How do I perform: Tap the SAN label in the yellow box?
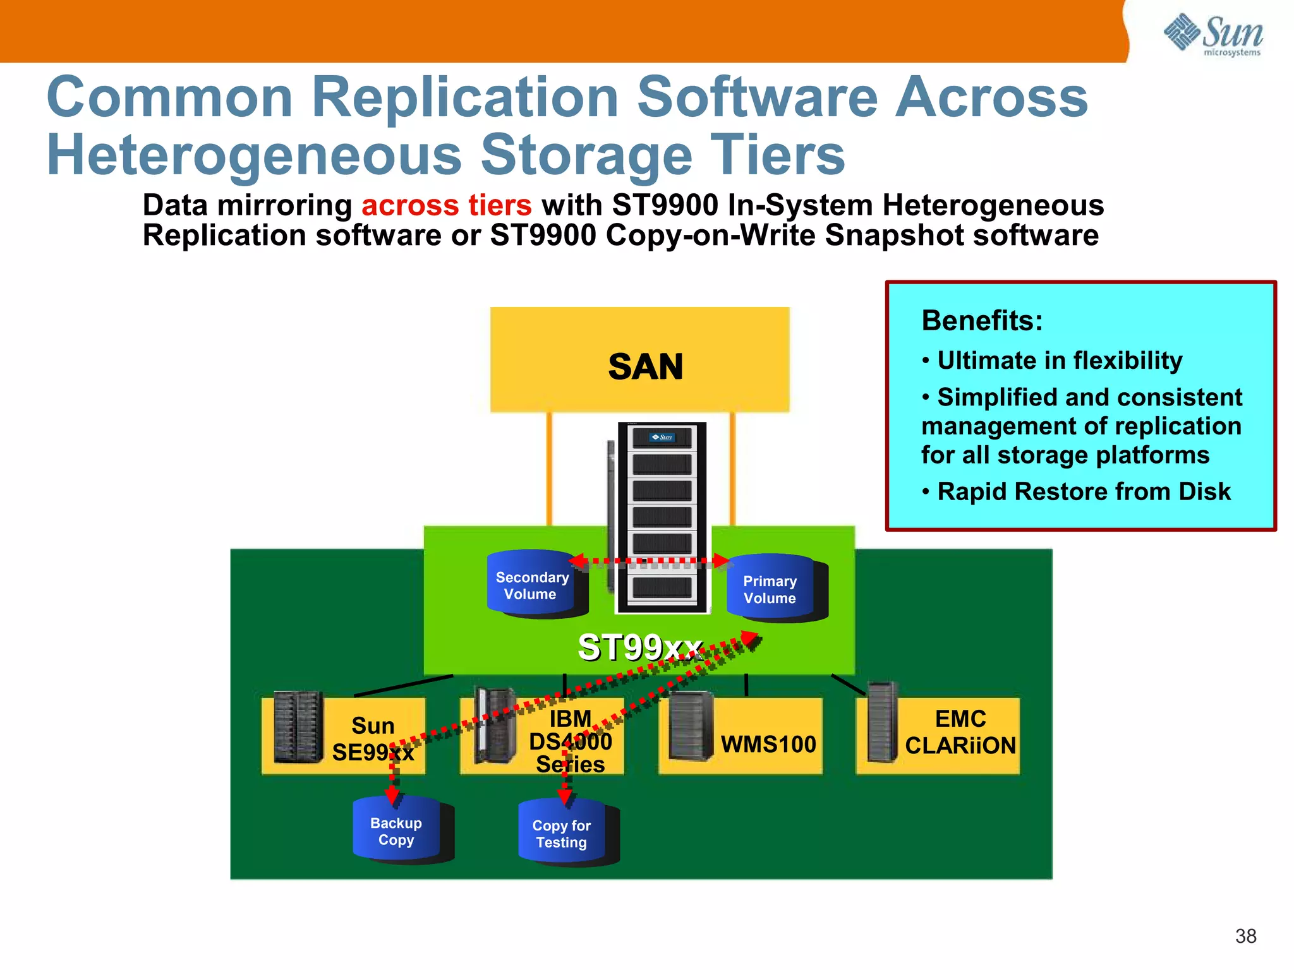coord(645,366)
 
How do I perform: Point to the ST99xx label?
coord(639,647)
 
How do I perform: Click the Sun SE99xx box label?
coord(373,739)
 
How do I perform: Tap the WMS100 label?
coord(768,744)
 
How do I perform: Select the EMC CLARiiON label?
coord(960,733)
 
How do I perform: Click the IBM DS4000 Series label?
coord(570,741)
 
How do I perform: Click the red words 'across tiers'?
coord(446,205)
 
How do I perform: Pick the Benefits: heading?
coord(982,321)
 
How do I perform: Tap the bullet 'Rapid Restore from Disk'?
coord(1083,491)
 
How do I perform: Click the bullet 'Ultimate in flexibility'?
coord(1059,361)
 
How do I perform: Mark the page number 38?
coord(1245,936)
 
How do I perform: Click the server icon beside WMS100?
coord(691,726)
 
